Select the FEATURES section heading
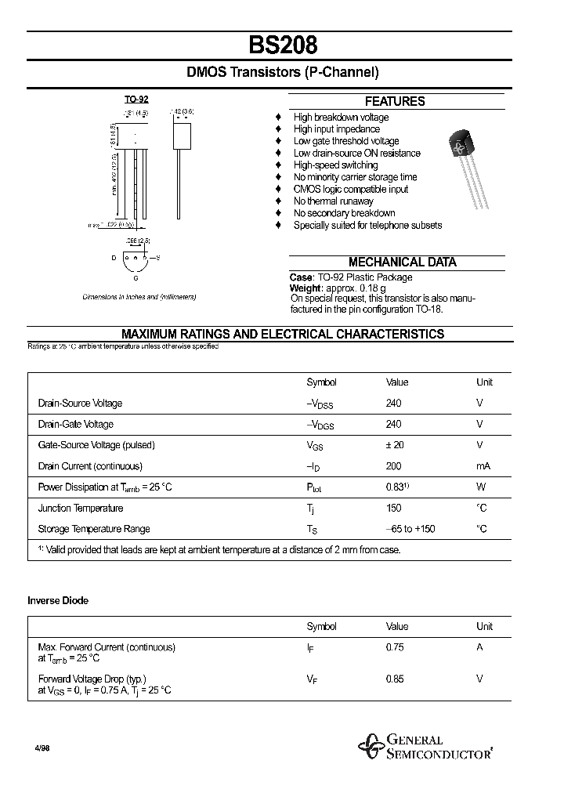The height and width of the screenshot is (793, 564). tap(395, 101)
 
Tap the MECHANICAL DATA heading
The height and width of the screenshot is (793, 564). tap(402, 263)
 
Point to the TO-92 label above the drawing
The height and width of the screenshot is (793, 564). tap(136, 100)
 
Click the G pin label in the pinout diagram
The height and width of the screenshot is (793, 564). tap(136, 277)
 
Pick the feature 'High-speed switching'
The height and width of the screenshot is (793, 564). tap(335, 165)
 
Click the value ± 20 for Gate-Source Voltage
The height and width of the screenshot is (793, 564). tap(396, 445)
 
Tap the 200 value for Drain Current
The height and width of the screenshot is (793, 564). tap(393, 466)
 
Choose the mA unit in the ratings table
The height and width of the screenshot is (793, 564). tap(483, 466)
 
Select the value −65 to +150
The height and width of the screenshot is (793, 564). tap(410, 529)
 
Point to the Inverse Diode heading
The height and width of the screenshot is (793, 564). tap(58, 600)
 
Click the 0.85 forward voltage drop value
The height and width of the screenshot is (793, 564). tap(395, 679)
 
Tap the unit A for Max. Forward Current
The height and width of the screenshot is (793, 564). tap(480, 647)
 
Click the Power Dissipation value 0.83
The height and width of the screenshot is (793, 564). tap(396, 487)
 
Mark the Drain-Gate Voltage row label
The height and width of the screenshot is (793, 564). tap(76, 424)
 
